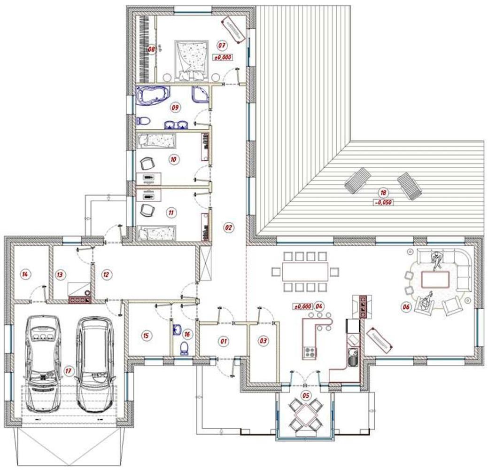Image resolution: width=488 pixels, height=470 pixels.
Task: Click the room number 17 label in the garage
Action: (x=68, y=371)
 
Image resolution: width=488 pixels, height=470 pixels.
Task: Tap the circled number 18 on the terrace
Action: (x=383, y=193)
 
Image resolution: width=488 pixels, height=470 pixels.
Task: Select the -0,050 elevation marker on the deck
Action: (x=383, y=203)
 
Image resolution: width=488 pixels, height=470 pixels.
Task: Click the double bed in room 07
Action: (x=192, y=61)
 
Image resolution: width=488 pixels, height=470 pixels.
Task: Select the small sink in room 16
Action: (x=178, y=330)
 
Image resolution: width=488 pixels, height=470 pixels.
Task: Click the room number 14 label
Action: (x=25, y=274)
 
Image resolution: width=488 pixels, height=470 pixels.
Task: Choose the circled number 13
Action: (x=60, y=274)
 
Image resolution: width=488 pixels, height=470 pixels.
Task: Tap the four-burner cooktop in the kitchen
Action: (x=309, y=352)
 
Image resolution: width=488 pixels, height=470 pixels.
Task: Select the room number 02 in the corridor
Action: (x=228, y=227)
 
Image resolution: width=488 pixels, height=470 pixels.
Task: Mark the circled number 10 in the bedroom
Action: (x=173, y=159)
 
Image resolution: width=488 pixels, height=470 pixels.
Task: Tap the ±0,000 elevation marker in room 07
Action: (x=223, y=57)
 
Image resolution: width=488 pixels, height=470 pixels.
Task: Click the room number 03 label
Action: (x=263, y=340)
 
